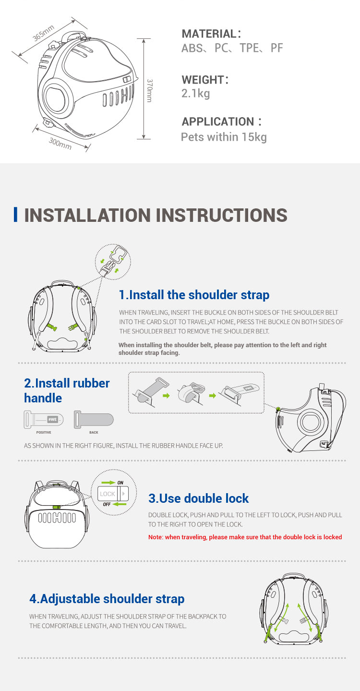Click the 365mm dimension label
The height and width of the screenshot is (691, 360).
coord(44,33)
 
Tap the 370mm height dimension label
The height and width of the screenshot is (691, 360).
coord(149,90)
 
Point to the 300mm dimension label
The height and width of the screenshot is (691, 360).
coord(60,144)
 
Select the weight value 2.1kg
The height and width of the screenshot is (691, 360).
coord(195,93)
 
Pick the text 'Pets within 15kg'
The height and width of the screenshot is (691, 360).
coord(224,137)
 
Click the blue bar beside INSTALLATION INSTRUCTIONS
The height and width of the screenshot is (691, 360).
coord(15,214)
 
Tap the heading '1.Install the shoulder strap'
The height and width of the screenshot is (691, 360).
coord(194,295)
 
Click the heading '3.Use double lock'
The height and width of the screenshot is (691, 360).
coord(198,498)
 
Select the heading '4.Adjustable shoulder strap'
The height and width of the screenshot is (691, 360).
coord(107,599)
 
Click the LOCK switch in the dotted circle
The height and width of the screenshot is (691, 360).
coord(113,494)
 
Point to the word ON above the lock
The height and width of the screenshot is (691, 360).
coord(120,483)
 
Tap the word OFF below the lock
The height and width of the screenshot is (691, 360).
coord(107,504)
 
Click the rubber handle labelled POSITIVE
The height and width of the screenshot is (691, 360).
coord(44,420)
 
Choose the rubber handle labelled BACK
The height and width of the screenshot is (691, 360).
coord(94,420)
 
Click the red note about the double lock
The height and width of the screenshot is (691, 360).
coord(245,537)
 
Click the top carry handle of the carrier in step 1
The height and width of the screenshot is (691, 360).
coord(62,283)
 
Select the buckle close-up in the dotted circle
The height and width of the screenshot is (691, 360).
coord(113,262)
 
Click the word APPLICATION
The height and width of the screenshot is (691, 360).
coord(218,121)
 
